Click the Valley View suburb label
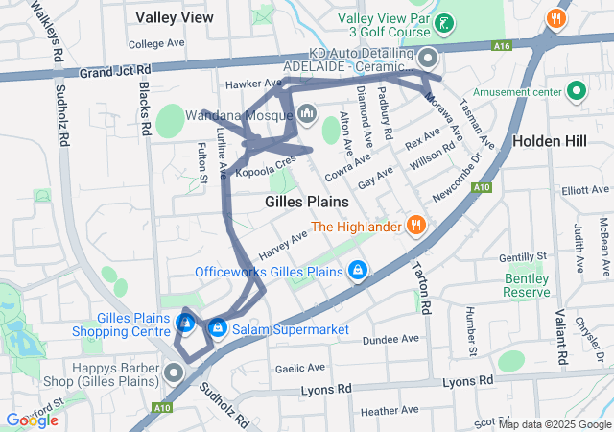(175, 17)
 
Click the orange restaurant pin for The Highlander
(415, 227)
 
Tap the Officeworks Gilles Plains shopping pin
(358, 272)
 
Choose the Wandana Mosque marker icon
(307, 114)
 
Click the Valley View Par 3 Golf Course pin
(442, 23)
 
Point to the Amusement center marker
(577, 91)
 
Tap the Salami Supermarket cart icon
(218, 329)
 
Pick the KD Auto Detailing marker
(427, 59)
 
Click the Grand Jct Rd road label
(115, 72)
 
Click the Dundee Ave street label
(391, 339)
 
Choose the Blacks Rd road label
(144, 108)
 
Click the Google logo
(33, 420)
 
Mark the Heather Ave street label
(384, 410)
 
